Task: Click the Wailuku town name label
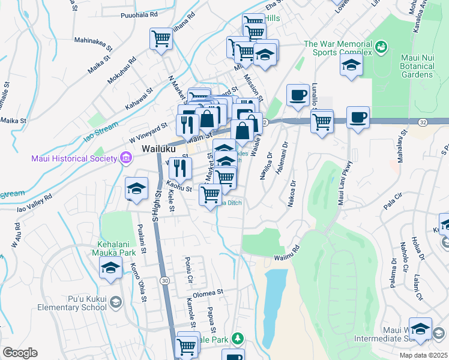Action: click(157, 148)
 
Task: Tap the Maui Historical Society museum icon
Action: click(125, 158)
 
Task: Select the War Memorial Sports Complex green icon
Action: click(380, 46)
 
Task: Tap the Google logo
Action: click(20, 353)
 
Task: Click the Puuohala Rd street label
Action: click(139, 14)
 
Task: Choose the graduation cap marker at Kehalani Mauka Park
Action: click(110, 270)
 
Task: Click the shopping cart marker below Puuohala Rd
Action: click(161, 39)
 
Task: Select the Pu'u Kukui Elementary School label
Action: click(88, 303)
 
